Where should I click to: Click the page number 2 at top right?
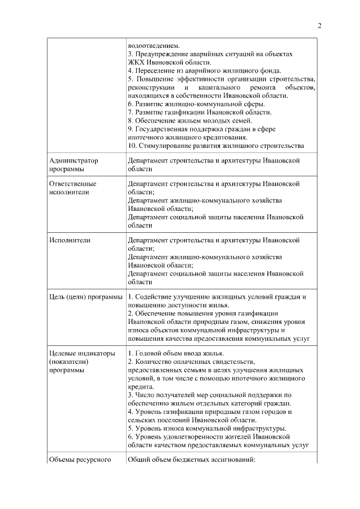pyautogui.click(x=319, y=25)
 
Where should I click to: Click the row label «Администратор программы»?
pyautogui.click(x=74, y=164)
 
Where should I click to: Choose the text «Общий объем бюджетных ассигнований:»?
pyautogui.click(x=191, y=460)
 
